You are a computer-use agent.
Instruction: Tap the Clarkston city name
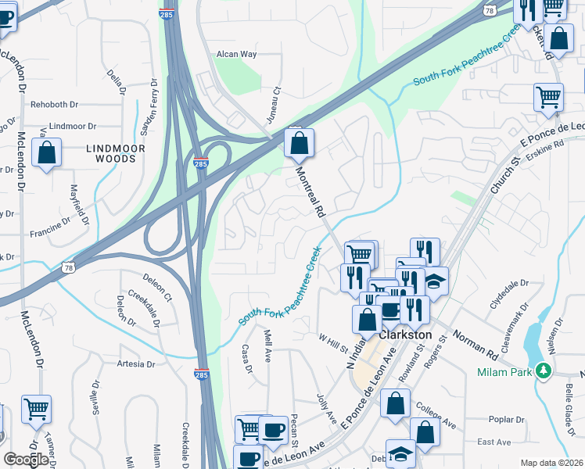(x=405, y=334)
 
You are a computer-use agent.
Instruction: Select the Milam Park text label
(x=504, y=372)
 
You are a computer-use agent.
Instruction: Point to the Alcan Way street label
(x=237, y=54)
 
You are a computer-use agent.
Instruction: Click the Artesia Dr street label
(x=135, y=364)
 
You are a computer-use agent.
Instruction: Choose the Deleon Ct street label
(x=161, y=288)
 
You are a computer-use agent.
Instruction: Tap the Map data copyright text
(x=551, y=463)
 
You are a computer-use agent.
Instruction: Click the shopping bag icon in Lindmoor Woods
(x=47, y=154)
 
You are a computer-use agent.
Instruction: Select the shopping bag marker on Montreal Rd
(x=299, y=144)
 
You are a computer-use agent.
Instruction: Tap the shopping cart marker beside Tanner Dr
(x=36, y=408)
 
